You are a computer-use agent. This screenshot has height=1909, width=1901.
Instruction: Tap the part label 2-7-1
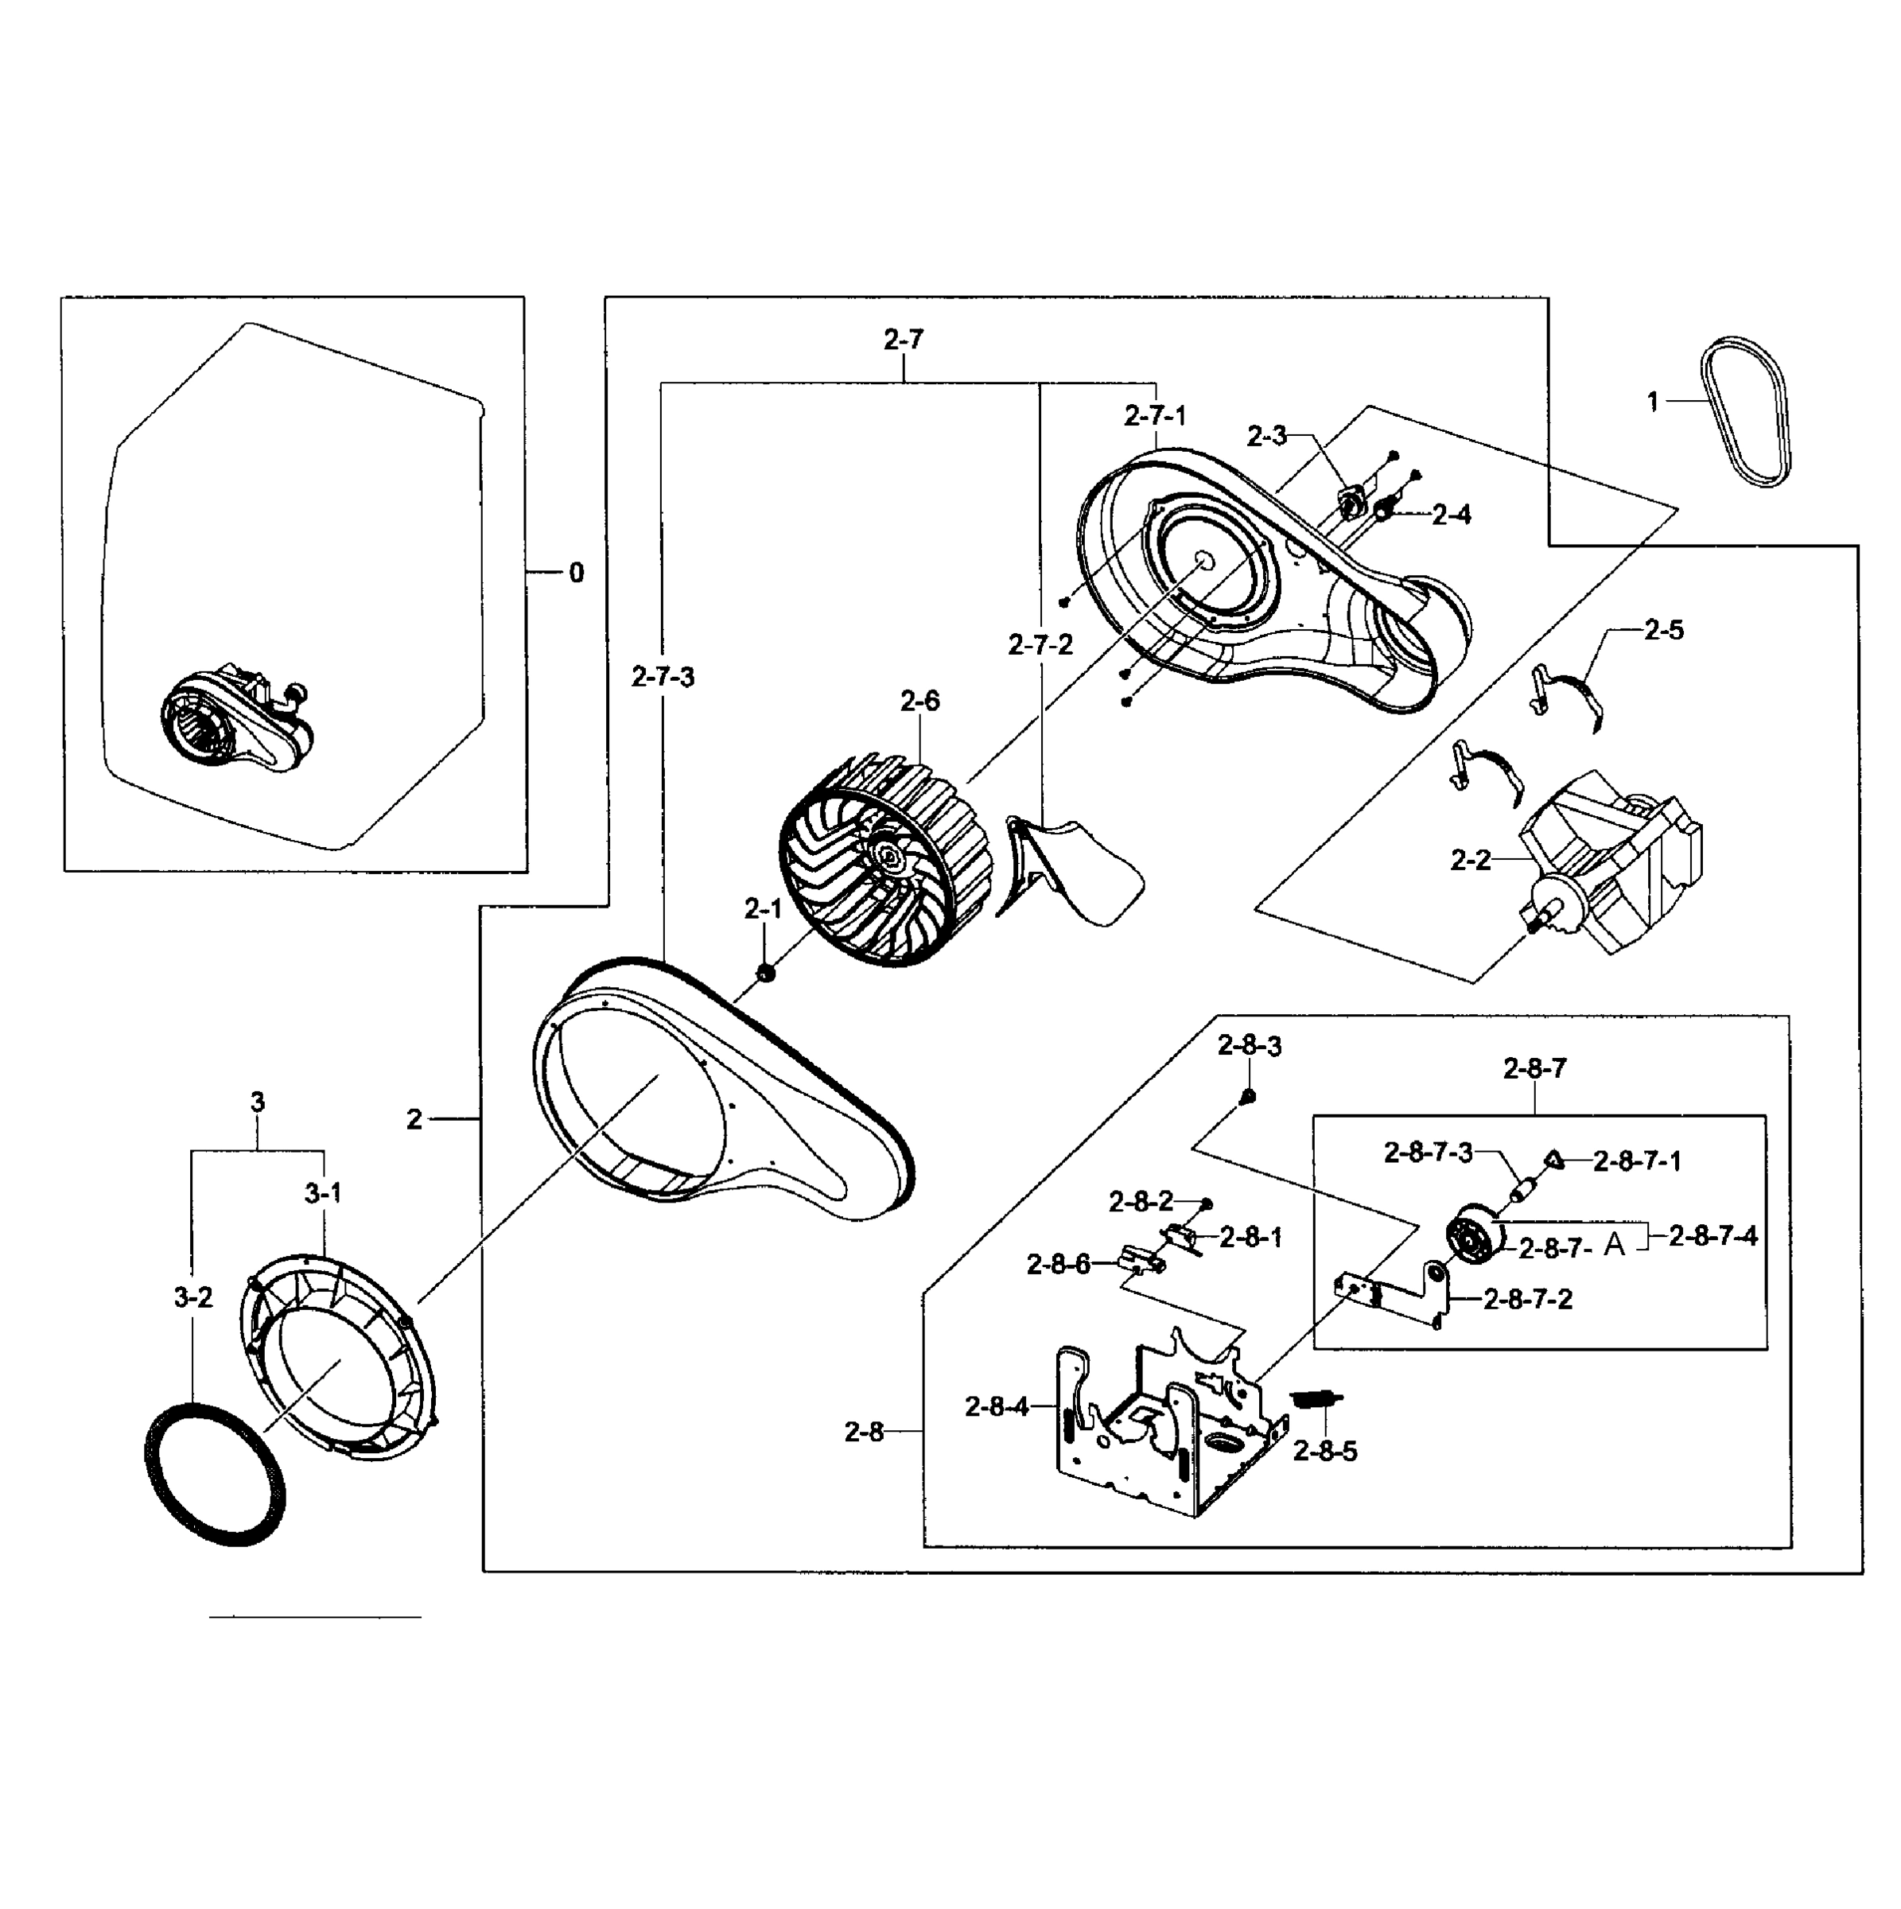tap(1154, 416)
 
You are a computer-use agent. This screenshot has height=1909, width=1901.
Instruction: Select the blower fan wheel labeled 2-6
tap(884, 861)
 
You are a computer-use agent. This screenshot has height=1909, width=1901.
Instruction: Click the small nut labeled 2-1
tap(764, 974)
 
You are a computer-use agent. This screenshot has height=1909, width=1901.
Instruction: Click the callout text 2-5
tap(1664, 631)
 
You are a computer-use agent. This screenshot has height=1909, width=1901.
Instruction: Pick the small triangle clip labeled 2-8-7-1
tap(1554, 1160)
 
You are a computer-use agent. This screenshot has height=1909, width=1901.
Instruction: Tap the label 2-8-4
tap(997, 1407)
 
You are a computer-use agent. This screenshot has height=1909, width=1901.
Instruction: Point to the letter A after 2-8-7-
tap(1614, 1245)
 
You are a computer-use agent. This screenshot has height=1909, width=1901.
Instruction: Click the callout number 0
tap(576, 572)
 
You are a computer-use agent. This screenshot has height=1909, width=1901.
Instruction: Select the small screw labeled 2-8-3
tap(1248, 1096)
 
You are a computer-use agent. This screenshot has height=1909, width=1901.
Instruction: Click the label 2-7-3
tap(663, 677)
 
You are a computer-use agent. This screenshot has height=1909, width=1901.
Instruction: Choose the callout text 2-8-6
tap(1058, 1264)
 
